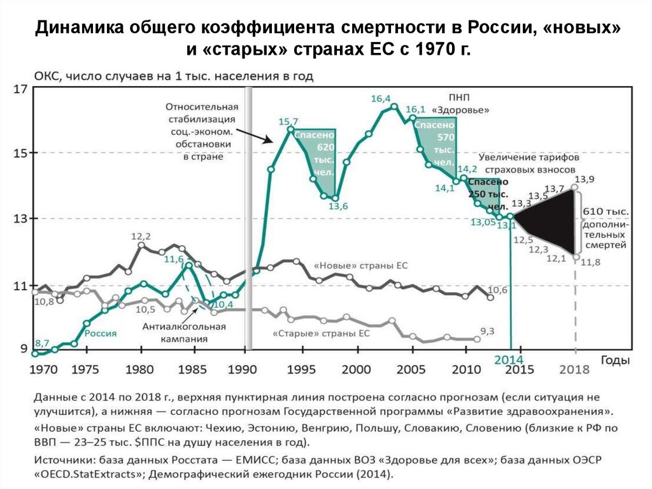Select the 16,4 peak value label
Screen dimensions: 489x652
pyautogui.click(x=380, y=98)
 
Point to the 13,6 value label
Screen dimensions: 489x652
pyautogui.click(x=338, y=205)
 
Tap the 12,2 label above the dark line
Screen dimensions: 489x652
pyautogui.click(x=141, y=237)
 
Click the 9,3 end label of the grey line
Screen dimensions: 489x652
pyautogui.click(x=487, y=330)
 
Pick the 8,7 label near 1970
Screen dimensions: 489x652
pyautogui.click(x=43, y=342)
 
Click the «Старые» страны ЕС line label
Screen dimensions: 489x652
pyautogui.click(x=321, y=333)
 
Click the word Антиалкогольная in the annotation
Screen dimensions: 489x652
pyautogui.click(x=184, y=327)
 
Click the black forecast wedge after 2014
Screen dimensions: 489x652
pyautogui.click(x=554, y=220)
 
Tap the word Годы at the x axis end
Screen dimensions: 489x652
pyautogui.click(x=615, y=360)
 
